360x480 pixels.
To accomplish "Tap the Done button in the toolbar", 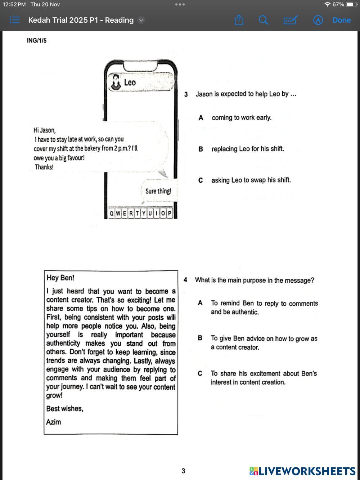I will pos(341,20).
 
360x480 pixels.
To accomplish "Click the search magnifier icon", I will pos(264,20).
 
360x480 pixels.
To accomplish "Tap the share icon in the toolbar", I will pos(239,20).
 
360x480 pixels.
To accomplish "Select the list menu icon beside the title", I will pos(14,20).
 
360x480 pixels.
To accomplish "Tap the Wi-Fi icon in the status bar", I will pos(327,4).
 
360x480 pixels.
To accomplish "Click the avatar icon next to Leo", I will pos(116,82).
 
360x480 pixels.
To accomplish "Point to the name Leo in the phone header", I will pos(130,82).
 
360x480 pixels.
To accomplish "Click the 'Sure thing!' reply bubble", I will pos(158,191).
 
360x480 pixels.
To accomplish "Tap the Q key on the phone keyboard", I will pos(112,213).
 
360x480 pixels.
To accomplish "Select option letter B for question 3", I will pos(201,149).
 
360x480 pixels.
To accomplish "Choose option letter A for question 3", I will pos(201,118).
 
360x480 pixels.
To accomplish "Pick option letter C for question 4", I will pos(200,374).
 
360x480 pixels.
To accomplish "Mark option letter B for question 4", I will pos(200,338).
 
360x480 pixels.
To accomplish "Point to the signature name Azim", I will pos(54,422).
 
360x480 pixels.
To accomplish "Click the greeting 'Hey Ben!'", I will pos(60,278).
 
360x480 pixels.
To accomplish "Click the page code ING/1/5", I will pos(36,41).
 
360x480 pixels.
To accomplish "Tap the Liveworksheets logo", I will pos(302,471).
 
